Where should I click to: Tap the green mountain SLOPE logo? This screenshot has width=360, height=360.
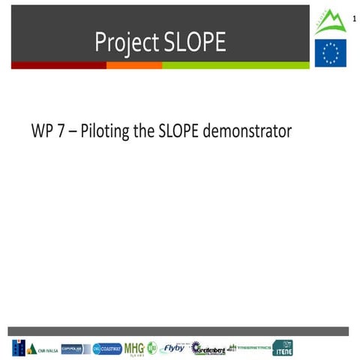click(329, 22)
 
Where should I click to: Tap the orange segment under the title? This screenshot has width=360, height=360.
click(133, 66)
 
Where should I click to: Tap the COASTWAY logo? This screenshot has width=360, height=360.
click(107, 349)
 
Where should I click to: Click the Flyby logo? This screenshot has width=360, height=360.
click(173, 348)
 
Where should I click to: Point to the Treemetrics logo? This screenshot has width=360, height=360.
click(247, 347)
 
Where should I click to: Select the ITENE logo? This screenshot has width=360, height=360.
click(283, 348)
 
